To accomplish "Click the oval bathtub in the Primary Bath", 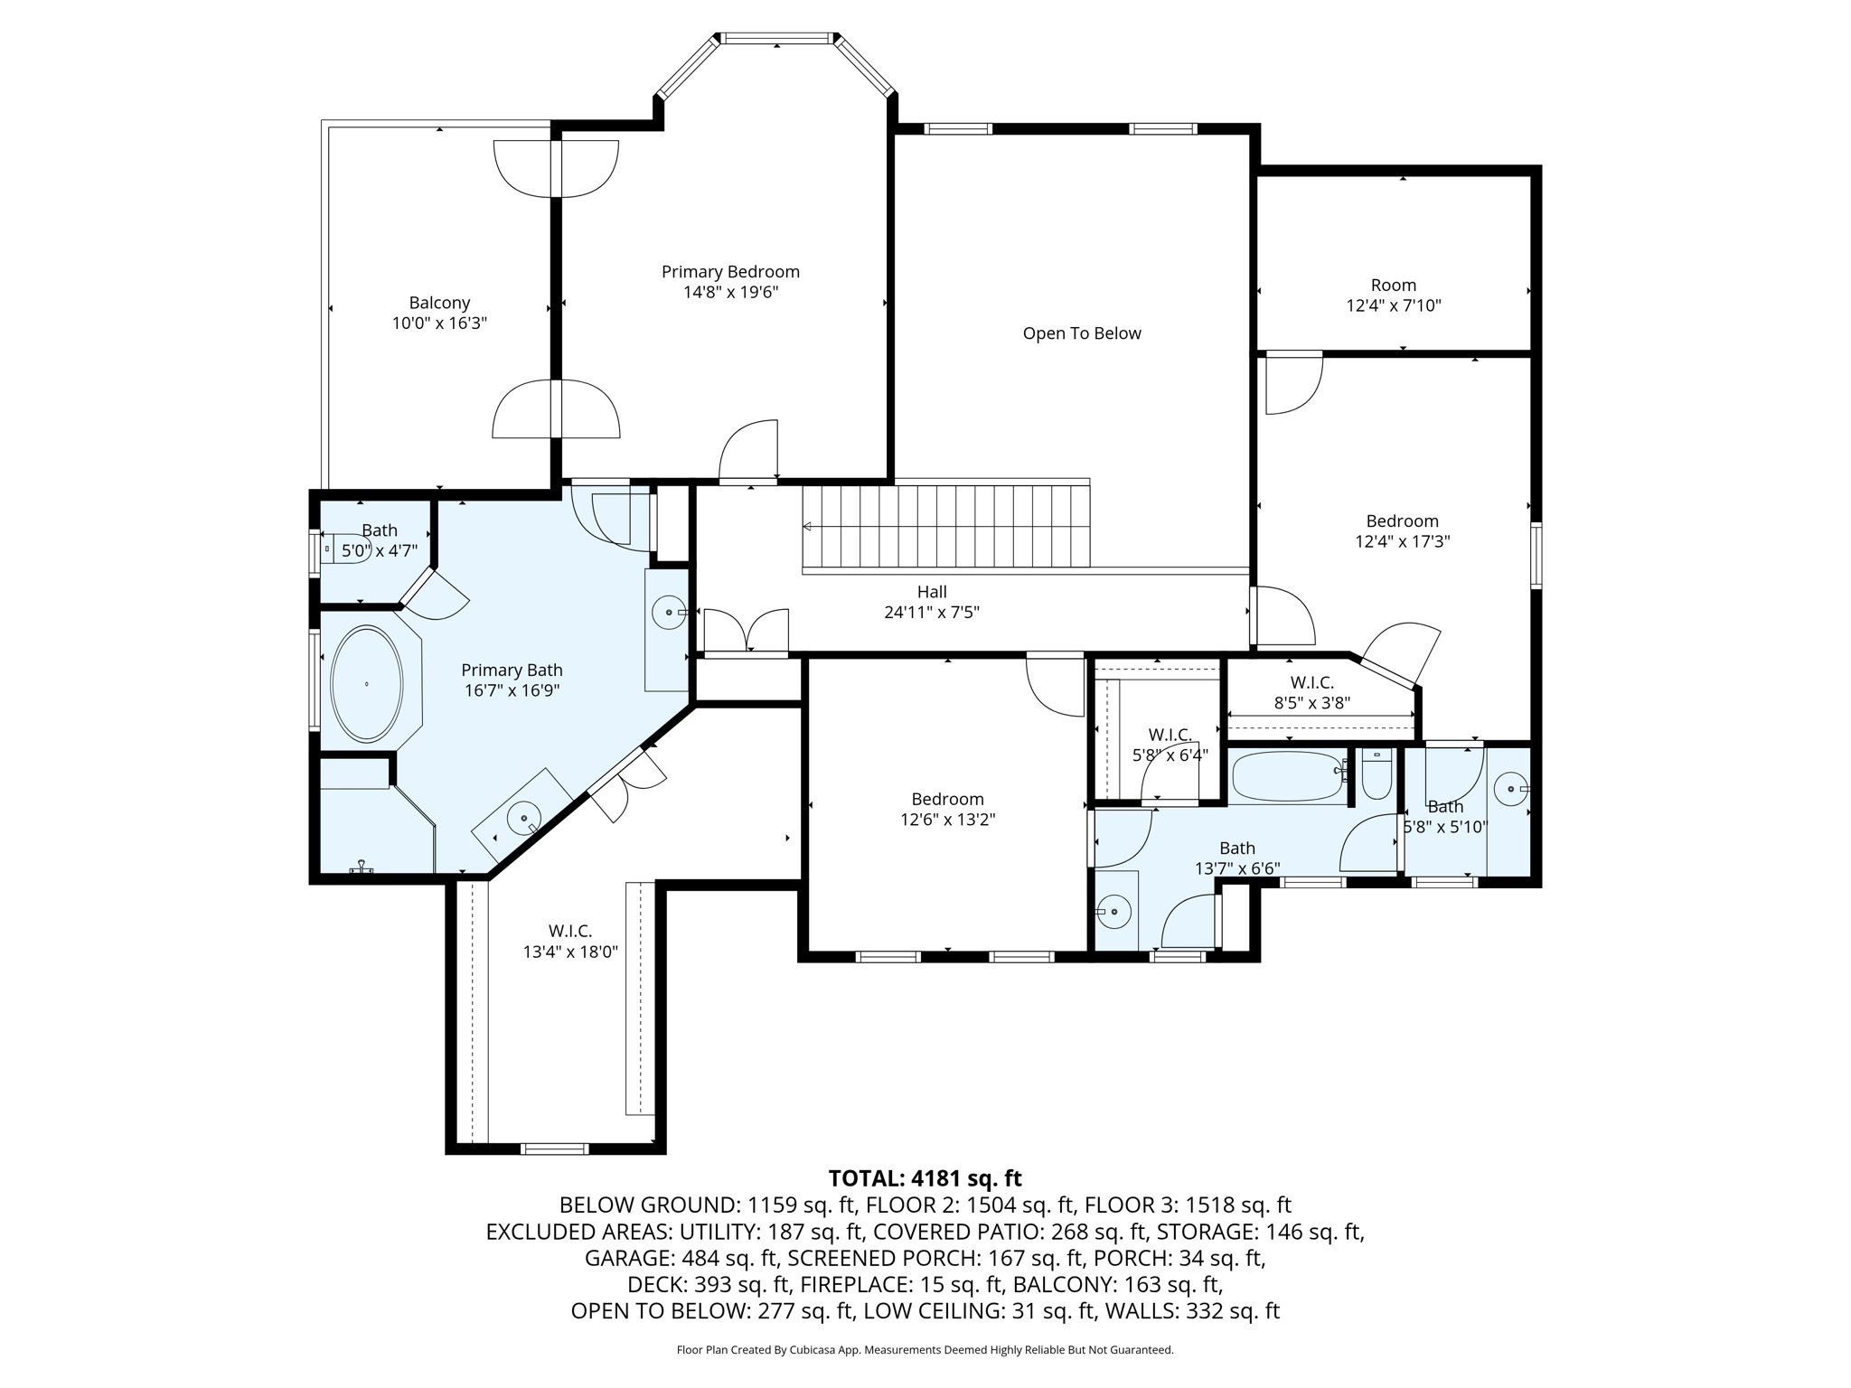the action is [x=366, y=684].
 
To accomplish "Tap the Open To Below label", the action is [x=1082, y=333].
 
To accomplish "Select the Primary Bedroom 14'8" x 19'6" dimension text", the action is [x=730, y=292].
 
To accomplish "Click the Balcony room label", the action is [x=439, y=303].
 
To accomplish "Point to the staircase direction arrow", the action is [x=807, y=527].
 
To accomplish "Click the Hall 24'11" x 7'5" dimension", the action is [x=932, y=612].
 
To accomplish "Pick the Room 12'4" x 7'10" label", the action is [x=1394, y=295].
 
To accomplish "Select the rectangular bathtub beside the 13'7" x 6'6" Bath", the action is [x=1288, y=776].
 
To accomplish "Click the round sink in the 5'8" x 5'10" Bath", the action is [x=1510, y=790].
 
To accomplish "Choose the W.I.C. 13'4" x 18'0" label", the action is [x=570, y=941].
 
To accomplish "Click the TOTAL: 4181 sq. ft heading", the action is [x=925, y=1178].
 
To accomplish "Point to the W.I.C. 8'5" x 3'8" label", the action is [x=1311, y=692].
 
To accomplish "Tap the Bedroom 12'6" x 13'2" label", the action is [x=947, y=809].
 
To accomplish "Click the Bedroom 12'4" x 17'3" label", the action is [x=1402, y=530].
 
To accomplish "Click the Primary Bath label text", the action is [x=512, y=670].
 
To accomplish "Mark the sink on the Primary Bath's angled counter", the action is [x=523, y=819].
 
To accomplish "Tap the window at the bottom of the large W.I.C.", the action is [x=555, y=1149].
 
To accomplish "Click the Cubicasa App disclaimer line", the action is [x=925, y=1350].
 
